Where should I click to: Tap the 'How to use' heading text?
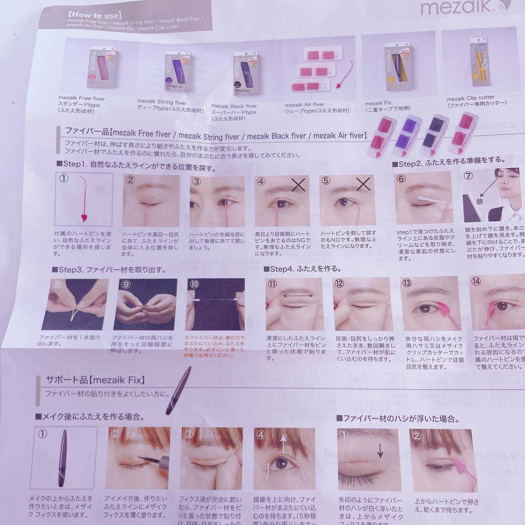(94, 15)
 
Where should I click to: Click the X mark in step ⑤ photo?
(363, 184)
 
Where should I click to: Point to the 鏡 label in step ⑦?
(479, 201)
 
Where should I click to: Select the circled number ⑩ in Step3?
(194, 284)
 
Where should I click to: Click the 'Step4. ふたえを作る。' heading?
(303, 269)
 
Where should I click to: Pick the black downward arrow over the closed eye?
(380, 452)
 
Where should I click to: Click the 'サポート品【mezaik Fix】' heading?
(95, 380)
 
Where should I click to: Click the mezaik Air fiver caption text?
(304, 105)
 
